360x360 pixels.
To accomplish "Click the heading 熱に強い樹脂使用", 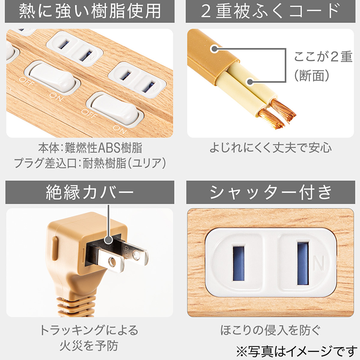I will click(90, 11).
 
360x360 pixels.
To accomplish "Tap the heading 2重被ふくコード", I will click(270, 11).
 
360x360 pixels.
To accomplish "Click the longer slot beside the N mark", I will click(302, 264).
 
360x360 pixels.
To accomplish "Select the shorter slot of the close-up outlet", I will click(239, 264).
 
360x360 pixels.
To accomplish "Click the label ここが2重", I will click(323, 57).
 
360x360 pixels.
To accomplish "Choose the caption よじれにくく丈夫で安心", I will click(270, 148).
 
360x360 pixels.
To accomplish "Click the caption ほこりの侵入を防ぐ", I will click(270, 331).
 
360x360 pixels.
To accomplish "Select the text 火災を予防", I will click(90, 347).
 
